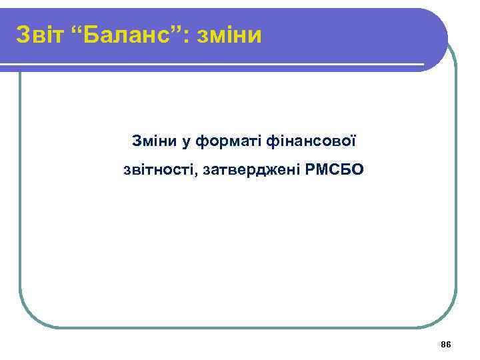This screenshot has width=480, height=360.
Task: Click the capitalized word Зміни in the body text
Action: (x=153, y=141)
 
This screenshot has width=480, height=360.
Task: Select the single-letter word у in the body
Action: (x=183, y=142)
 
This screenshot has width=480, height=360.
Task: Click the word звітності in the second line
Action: (x=153, y=170)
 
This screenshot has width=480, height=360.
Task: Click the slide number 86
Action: (x=446, y=344)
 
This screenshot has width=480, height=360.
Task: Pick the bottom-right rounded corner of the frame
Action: (x=447, y=317)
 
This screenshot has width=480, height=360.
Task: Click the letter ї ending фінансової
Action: (x=354, y=141)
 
